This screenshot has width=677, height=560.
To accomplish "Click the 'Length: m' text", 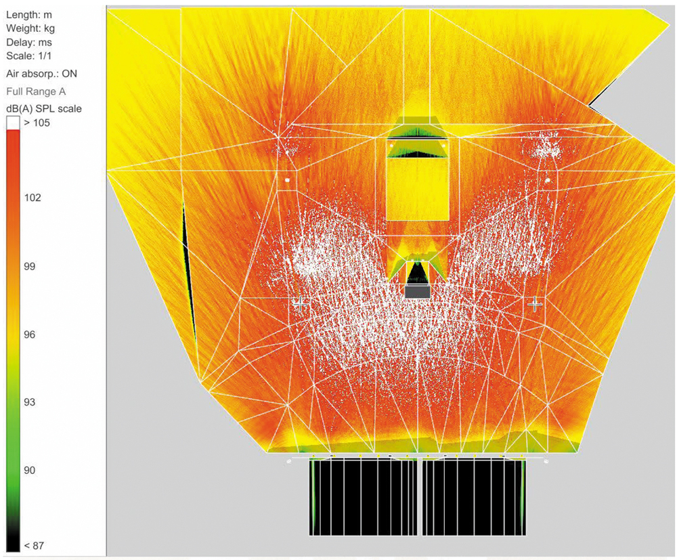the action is tap(29, 15).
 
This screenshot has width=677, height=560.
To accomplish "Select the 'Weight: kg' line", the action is tap(30, 28).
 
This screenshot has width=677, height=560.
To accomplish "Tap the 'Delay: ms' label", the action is tap(29, 42).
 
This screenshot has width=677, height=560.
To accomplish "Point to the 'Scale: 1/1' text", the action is tap(28, 56).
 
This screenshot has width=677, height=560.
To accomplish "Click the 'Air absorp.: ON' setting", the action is tap(41, 74).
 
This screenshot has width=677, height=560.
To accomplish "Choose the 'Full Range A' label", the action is tap(36, 91).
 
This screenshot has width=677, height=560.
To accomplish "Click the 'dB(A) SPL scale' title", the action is tap(44, 109).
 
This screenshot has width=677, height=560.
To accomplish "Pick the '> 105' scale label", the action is tap(37, 123).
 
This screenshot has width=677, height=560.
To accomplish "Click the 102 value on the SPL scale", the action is tap(32, 198).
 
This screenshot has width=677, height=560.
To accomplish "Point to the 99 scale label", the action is tap(29, 266).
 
